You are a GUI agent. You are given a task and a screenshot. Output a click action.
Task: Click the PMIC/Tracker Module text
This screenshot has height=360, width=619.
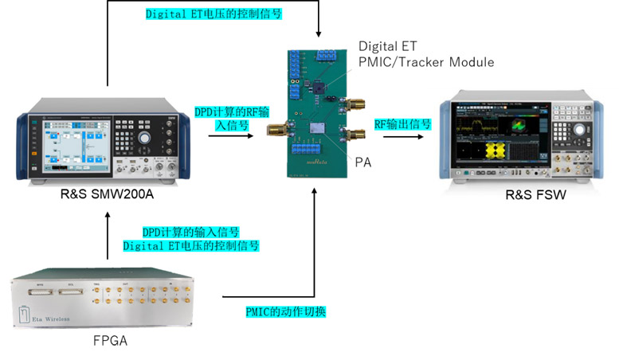point(426,61)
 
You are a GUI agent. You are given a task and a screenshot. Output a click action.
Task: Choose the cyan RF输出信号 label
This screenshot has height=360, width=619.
point(403,124)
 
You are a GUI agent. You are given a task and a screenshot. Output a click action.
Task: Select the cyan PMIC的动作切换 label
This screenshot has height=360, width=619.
point(285,311)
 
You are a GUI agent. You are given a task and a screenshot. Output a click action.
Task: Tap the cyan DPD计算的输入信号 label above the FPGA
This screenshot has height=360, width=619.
point(190,232)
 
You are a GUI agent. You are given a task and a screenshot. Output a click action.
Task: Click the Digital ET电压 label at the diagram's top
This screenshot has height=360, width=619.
point(214,14)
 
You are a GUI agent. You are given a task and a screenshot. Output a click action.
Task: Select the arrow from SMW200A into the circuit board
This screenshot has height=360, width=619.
point(231,136)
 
